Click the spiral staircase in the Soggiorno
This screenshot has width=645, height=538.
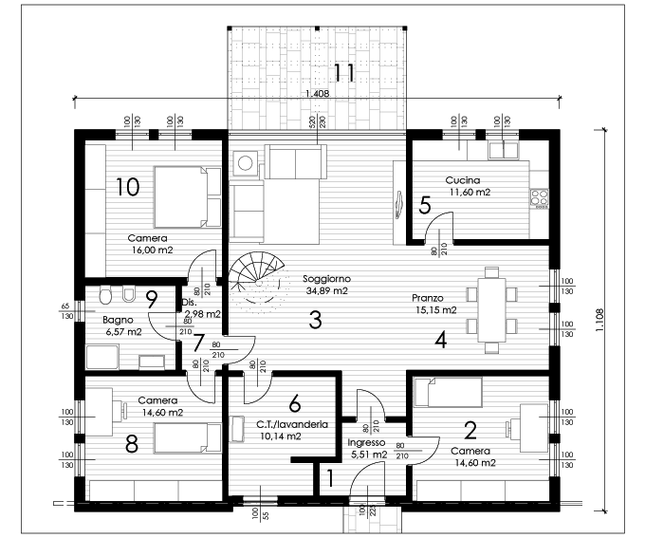(257, 278)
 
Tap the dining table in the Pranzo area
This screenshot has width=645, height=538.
(491, 310)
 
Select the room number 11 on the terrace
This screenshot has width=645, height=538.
(343, 73)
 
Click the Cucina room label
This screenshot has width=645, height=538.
(463, 180)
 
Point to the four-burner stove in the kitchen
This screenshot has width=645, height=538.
(540, 199)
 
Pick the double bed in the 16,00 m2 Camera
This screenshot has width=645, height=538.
(187, 196)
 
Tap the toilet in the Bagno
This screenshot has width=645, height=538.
(105, 294)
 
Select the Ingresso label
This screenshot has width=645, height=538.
(366, 443)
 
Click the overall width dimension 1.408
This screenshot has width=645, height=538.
(318, 93)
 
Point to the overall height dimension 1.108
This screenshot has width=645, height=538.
(599, 320)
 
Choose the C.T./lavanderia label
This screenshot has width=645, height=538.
(292, 424)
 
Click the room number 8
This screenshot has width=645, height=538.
(132, 444)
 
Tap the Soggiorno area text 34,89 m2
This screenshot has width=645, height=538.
(327, 291)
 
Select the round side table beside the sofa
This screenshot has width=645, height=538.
(245, 163)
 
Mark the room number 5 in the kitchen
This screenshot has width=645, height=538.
(425, 205)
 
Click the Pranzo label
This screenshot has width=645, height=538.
(428, 298)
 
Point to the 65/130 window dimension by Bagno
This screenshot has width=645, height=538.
(66, 311)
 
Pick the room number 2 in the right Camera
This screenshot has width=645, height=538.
(470, 430)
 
